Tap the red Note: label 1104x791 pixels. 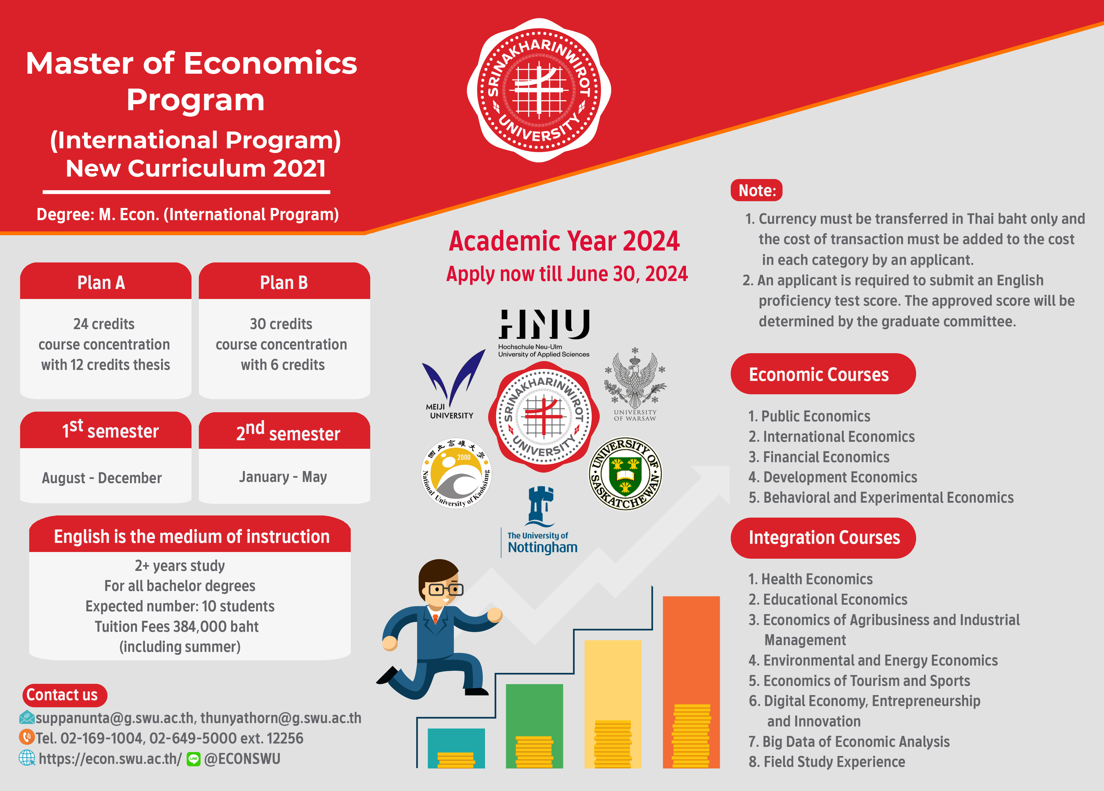click(756, 190)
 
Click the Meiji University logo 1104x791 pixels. click(453, 385)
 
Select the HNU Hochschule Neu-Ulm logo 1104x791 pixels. click(544, 333)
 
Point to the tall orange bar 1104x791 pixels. click(691, 682)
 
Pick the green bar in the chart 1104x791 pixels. click(534, 726)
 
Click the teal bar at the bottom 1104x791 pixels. click(456, 748)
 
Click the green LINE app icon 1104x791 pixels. click(194, 759)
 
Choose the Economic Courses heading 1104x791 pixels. click(823, 374)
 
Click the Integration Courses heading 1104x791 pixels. click(823, 537)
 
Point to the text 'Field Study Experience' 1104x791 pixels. click(834, 762)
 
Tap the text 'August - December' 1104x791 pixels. click(102, 478)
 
